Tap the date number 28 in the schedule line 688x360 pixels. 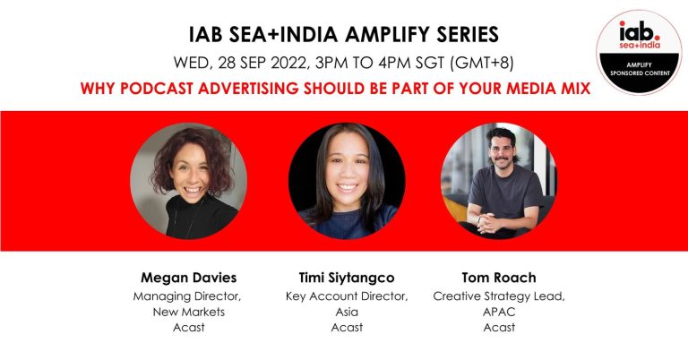click(227, 63)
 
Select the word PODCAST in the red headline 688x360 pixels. click(157, 88)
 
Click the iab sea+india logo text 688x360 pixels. click(640, 35)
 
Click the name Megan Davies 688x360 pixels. click(189, 278)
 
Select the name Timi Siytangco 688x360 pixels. click(347, 278)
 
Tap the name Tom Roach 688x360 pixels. click(499, 278)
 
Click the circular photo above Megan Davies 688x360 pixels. click(189, 181)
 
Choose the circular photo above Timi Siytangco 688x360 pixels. click(347, 181)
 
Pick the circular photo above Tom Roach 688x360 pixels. click(499, 181)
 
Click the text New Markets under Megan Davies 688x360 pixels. click(189, 312)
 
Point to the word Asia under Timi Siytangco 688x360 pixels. click(347, 312)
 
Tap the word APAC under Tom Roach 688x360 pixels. click(499, 312)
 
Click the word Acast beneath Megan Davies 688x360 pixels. click(189, 328)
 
